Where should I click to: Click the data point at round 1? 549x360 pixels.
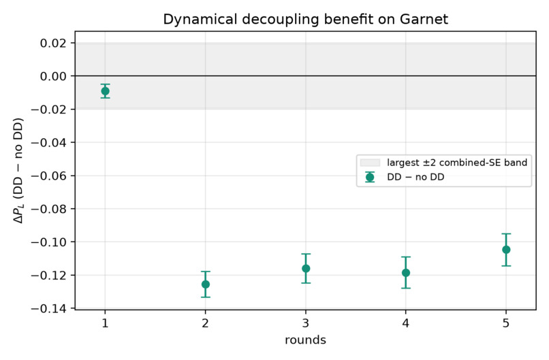105,91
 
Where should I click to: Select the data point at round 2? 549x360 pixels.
206,284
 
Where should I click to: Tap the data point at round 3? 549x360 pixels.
306,268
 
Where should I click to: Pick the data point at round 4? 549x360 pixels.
406,273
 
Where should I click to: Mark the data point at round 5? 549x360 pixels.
506,250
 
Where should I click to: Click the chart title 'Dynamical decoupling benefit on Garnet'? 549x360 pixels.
305,19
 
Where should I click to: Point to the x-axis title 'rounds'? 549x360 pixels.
305,340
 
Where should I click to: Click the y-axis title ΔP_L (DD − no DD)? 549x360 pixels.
18,170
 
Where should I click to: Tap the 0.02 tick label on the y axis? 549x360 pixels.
53,43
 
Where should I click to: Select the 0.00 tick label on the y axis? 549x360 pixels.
53,76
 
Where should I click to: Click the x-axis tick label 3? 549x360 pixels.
306,323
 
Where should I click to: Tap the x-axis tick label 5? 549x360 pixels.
506,323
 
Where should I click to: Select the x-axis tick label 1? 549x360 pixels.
105,323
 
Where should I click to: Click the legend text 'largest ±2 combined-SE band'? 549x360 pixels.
457,163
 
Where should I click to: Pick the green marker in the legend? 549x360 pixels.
370,178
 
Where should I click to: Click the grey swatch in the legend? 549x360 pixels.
370,163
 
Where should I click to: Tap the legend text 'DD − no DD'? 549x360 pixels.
415,177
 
